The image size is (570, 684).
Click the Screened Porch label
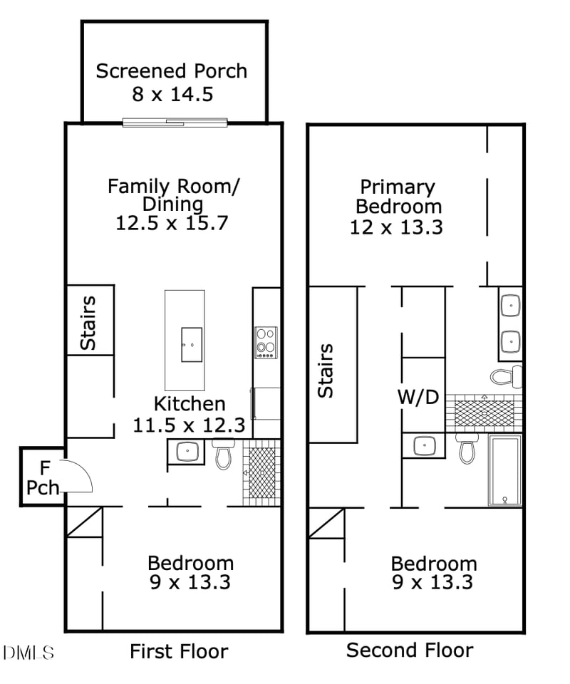pos(172,71)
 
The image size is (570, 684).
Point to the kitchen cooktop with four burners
pos(266,342)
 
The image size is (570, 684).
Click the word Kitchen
pos(190,404)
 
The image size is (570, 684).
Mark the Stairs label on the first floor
pos(88,323)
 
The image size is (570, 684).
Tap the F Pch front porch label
pos(42,478)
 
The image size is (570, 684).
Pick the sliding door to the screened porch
pos(175,123)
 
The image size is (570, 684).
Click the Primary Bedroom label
pos(398,197)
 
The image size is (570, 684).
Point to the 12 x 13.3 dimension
pos(396,227)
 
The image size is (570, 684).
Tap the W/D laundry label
pos(418,397)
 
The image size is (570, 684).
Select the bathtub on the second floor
pos(504,470)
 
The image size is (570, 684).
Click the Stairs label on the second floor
pos(325,370)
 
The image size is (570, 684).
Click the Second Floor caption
pos(409,650)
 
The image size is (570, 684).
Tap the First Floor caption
pos(179,651)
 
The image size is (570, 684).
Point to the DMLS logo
pos(28,652)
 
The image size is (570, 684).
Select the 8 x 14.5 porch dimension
pos(172,94)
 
